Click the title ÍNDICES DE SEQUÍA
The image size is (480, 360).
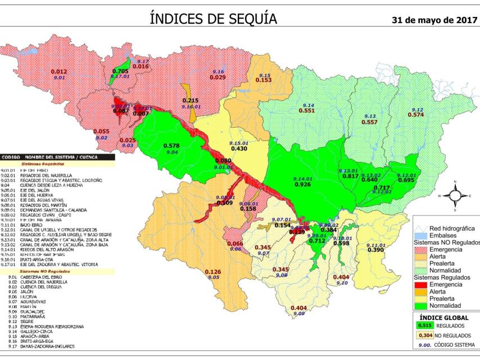pos(214,19)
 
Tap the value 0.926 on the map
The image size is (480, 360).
pos(302,184)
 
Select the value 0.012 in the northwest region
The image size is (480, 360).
pos(58,71)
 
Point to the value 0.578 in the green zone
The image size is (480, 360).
pos(171,146)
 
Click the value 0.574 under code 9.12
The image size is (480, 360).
pos(416,115)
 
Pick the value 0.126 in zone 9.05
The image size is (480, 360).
pos(212,272)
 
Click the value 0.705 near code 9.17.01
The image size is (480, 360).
pos(120,71)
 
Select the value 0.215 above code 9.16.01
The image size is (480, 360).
pos(191,100)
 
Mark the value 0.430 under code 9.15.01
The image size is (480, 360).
pos(239,148)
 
